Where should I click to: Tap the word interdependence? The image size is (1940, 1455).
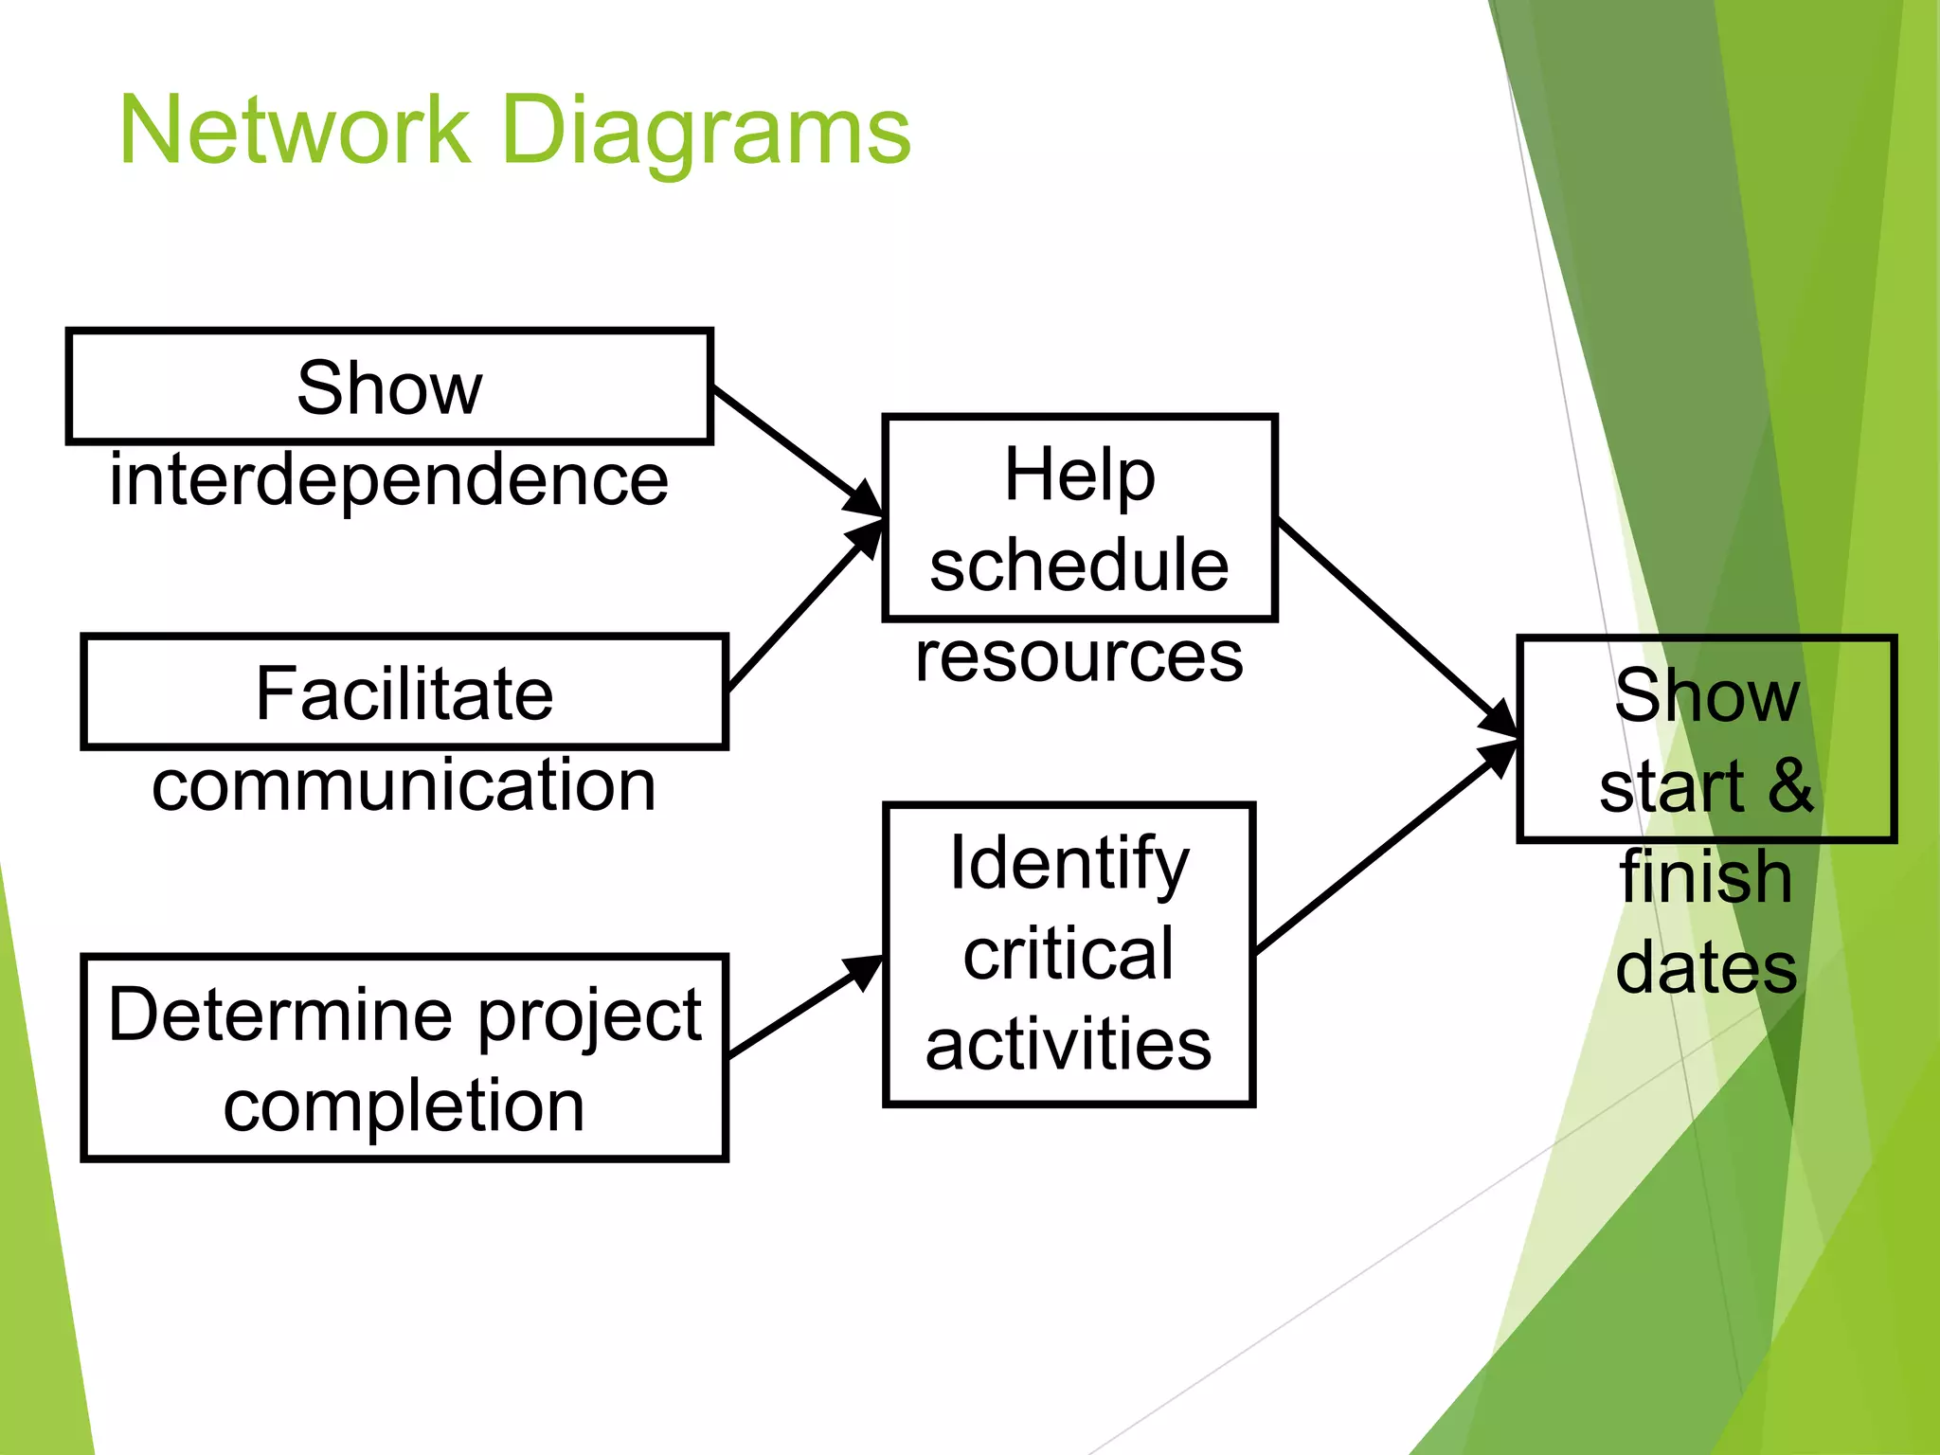(x=388, y=479)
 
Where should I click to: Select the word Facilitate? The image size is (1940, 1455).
(x=404, y=693)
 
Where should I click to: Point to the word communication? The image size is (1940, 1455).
(x=404, y=785)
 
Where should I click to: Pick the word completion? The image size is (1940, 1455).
(x=404, y=1106)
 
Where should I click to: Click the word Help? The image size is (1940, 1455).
(x=1079, y=474)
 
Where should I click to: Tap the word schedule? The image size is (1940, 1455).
(x=1079, y=565)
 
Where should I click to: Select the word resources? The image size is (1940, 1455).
(x=1079, y=656)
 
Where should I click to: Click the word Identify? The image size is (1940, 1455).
(x=1069, y=863)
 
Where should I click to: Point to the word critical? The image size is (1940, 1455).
(x=1069, y=954)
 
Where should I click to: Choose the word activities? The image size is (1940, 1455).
(x=1069, y=1045)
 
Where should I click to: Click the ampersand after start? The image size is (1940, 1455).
(x=1790, y=785)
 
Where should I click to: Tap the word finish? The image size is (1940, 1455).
(x=1705, y=877)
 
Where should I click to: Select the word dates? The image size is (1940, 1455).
(x=1705, y=968)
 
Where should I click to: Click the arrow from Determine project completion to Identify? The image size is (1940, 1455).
(x=805, y=1006)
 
